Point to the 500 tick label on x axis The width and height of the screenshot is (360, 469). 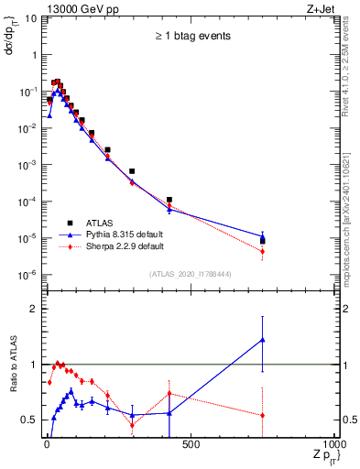pyautogui.click(x=191, y=445)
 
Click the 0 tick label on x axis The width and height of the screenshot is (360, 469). pyautogui.click(x=47, y=445)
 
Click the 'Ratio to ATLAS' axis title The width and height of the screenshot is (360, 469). pyautogui.click(x=14, y=388)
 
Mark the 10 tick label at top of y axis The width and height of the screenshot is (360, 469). pyautogui.click(x=29, y=18)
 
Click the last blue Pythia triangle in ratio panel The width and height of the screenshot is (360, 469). pyautogui.click(x=263, y=340)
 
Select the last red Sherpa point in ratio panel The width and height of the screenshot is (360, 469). pyautogui.click(x=263, y=415)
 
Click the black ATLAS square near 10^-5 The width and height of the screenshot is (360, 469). pyautogui.click(x=263, y=241)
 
